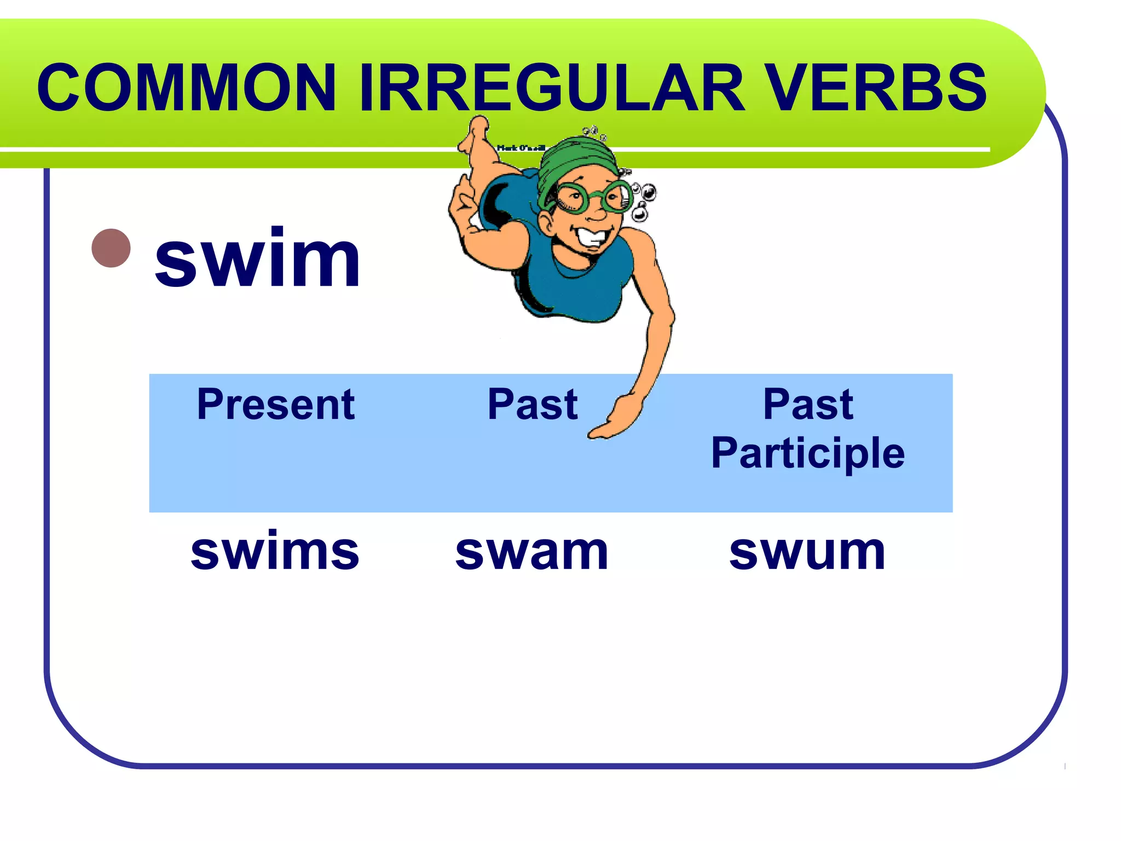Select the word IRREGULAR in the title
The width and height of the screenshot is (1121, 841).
552,88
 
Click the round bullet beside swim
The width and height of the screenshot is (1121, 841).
111,248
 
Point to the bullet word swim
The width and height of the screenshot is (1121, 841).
257,258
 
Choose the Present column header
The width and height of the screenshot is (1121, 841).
276,404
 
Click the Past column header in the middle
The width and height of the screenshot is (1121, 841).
532,404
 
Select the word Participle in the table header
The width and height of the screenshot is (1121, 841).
808,453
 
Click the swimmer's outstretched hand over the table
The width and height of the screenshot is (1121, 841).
616,419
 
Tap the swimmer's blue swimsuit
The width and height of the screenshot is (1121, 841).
575,285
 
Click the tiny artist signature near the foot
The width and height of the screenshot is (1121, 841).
521,148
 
